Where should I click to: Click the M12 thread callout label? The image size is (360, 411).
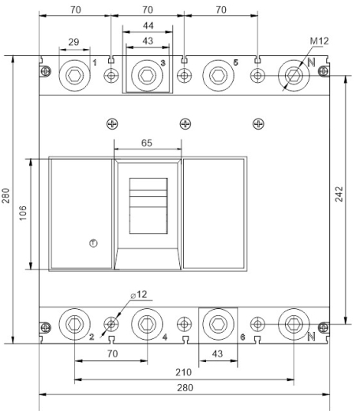point(319,41)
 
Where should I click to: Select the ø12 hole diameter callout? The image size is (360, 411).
point(139,295)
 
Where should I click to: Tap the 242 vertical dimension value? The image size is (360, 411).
point(339,194)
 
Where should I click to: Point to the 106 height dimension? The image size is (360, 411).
point(23,213)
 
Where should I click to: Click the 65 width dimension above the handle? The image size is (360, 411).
point(147,143)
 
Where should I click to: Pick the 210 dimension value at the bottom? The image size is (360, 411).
point(183,372)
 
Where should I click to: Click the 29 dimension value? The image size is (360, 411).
point(73,42)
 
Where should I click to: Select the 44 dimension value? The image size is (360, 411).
point(148,25)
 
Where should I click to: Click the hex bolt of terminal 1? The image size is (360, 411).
point(75,76)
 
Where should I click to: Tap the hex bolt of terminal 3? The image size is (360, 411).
point(147,76)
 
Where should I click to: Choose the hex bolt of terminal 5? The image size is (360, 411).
point(218,76)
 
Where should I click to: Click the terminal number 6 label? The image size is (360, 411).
point(242,337)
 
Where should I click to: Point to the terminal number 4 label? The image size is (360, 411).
point(165,337)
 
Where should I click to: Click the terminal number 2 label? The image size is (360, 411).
point(92,337)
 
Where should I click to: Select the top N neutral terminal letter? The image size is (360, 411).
point(312,62)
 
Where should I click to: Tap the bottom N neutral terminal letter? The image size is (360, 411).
point(312,337)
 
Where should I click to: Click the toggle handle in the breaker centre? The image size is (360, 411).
point(148,205)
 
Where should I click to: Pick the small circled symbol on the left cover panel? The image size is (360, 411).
point(93,243)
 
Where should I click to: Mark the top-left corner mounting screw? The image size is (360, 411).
point(46,71)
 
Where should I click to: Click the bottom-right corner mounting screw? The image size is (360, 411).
point(323,327)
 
